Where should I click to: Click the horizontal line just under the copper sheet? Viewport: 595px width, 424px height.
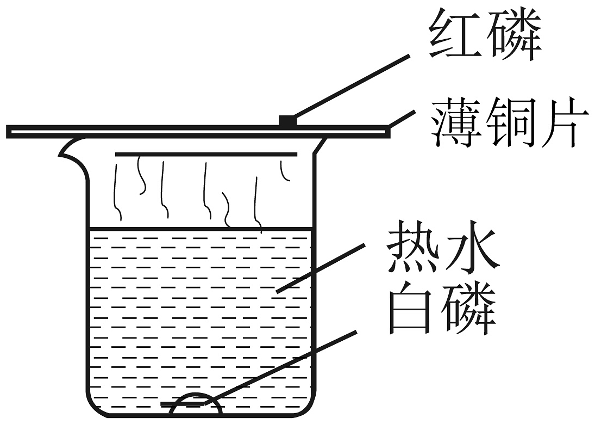coord(206,155)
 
